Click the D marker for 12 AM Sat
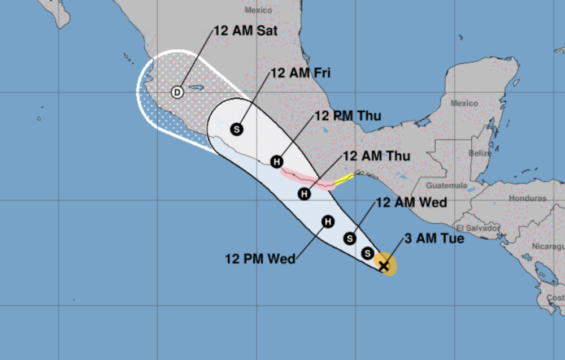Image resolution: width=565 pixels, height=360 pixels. (x=177, y=92)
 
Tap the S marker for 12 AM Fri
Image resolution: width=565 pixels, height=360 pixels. (x=237, y=129)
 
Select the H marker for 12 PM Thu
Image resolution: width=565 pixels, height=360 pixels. (x=276, y=162)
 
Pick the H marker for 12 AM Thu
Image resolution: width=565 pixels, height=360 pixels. (x=305, y=194)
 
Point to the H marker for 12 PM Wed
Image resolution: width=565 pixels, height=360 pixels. (x=328, y=222)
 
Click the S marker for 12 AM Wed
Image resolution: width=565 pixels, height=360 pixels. (x=350, y=238)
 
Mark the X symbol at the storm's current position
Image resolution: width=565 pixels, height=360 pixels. (x=384, y=265)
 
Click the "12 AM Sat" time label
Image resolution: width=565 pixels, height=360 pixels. (x=246, y=31)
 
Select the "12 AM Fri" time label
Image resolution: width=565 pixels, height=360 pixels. (x=301, y=73)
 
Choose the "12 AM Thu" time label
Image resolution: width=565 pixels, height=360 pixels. (x=377, y=156)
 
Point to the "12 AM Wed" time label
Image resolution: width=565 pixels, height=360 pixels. (x=411, y=202)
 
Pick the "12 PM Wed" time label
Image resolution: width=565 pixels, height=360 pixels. (x=260, y=259)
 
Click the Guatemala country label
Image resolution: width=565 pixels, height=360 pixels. (x=447, y=185)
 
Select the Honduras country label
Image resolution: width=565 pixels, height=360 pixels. (x=527, y=198)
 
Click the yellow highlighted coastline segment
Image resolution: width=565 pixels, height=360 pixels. (x=344, y=180)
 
